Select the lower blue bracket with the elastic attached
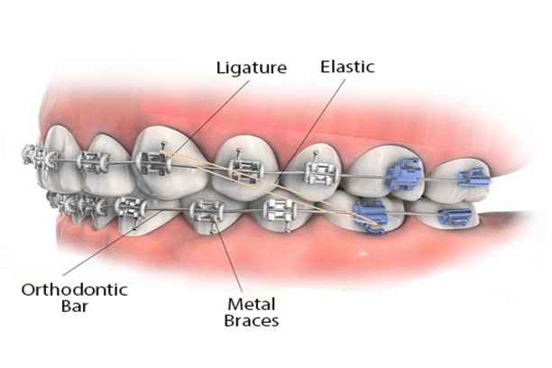click(369, 216)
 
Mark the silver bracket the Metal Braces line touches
click(208, 214)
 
